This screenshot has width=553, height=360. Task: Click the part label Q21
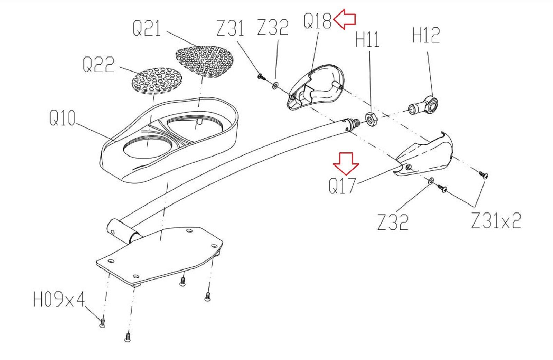[x=147, y=28]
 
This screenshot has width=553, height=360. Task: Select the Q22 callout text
[x=99, y=65]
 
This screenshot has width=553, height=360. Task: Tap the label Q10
[x=62, y=118]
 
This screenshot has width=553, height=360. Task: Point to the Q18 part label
[x=317, y=21]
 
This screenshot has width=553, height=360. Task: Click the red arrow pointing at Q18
[x=345, y=20]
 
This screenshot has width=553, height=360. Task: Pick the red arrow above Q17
[x=346, y=163]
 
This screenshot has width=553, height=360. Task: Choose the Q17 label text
[x=342, y=186]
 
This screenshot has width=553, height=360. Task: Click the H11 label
[x=367, y=39]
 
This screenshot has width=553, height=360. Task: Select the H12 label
[x=426, y=35]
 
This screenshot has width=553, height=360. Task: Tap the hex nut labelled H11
[x=372, y=119]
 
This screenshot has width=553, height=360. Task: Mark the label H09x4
[x=59, y=300]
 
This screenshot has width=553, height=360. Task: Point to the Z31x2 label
[x=496, y=220]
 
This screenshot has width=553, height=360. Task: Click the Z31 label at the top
[x=230, y=28]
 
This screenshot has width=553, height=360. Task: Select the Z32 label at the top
[x=273, y=27]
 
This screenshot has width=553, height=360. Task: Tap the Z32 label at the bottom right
[x=393, y=222]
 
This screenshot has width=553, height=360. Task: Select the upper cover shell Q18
[x=316, y=86]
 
